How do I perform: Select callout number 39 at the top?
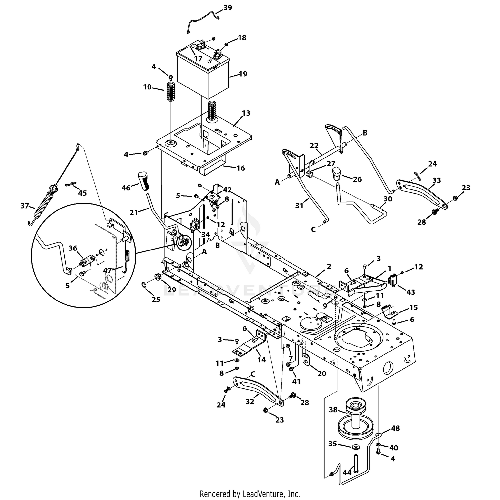tap(228, 8)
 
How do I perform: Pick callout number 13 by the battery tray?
tap(246, 113)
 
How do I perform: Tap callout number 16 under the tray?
tap(241, 168)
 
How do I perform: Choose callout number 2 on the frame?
tap(329, 266)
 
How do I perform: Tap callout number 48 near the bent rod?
tap(395, 428)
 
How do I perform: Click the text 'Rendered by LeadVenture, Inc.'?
tap(250, 493)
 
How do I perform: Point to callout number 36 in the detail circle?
tap(73, 248)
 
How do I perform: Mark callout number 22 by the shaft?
tap(314, 146)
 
